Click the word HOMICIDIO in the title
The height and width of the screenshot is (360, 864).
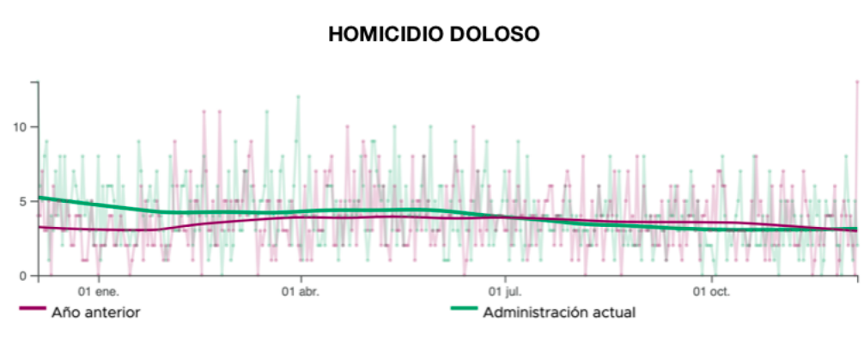click(380, 34)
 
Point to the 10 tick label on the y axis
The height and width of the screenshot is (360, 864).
click(21, 127)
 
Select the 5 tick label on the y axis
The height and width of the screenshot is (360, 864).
click(24, 202)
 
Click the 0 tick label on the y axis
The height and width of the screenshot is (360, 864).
click(24, 276)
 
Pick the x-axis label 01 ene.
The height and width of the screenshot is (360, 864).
click(99, 292)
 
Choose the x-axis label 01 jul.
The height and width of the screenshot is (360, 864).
click(506, 292)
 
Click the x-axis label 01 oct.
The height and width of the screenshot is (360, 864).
click(711, 292)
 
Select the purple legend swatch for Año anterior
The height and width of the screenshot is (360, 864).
click(32, 308)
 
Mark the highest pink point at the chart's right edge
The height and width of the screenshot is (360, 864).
click(856, 82)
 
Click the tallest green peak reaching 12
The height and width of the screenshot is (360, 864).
click(298, 97)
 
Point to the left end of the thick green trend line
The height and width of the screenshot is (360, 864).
click(40, 198)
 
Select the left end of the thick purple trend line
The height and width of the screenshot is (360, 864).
click(40, 227)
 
